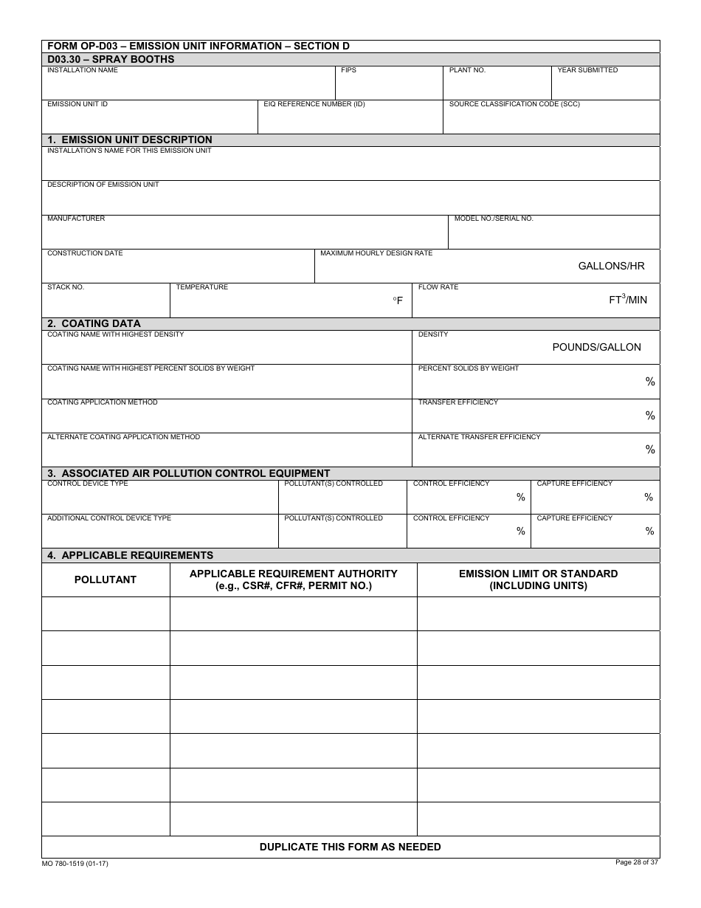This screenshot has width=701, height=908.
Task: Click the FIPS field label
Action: pyautogui.click(x=348, y=70)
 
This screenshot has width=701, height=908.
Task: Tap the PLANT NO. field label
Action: pyautogui.click(x=467, y=70)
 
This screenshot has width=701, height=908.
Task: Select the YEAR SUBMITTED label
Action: pyautogui.click(x=587, y=70)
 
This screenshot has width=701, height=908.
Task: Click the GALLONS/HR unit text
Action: pyautogui.click(x=611, y=266)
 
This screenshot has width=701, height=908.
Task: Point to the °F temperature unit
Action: pyautogui.click(x=398, y=300)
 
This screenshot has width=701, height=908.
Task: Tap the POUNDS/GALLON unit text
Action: pyautogui.click(x=596, y=347)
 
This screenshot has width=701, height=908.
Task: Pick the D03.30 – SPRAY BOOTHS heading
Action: pyautogui.click(x=111, y=59)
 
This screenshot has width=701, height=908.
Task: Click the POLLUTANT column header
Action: pyautogui.click(x=106, y=579)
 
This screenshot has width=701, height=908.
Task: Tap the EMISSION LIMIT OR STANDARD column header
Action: pyautogui.click(x=538, y=579)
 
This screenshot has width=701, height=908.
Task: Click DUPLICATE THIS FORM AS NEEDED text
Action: pyautogui.click(x=350, y=847)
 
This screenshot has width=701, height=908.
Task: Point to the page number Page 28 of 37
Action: pyautogui.click(x=636, y=861)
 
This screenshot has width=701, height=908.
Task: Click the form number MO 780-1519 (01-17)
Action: pyautogui.click(x=75, y=864)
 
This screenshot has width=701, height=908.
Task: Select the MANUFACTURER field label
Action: pyautogui.click(x=76, y=219)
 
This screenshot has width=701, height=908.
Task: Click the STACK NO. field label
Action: pyautogui.click(x=66, y=287)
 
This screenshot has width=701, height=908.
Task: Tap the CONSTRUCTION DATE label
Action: pyautogui.click(x=85, y=253)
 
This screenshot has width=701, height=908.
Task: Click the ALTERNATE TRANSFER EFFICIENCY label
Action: pyautogui.click(x=479, y=437)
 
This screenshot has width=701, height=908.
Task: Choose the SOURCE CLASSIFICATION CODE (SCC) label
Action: pyautogui.click(x=514, y=104)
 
